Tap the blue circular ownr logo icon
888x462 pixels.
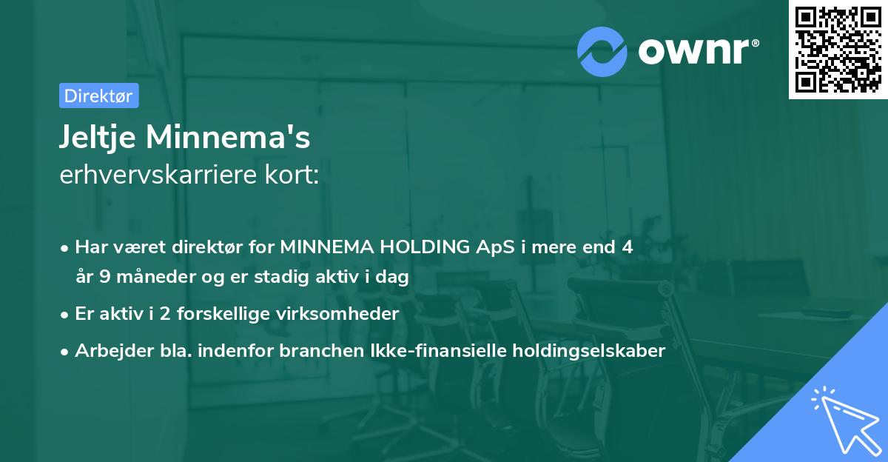coord(602,51)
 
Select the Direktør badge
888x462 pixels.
coord(98,96)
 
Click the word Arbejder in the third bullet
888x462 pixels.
coord(107,351)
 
